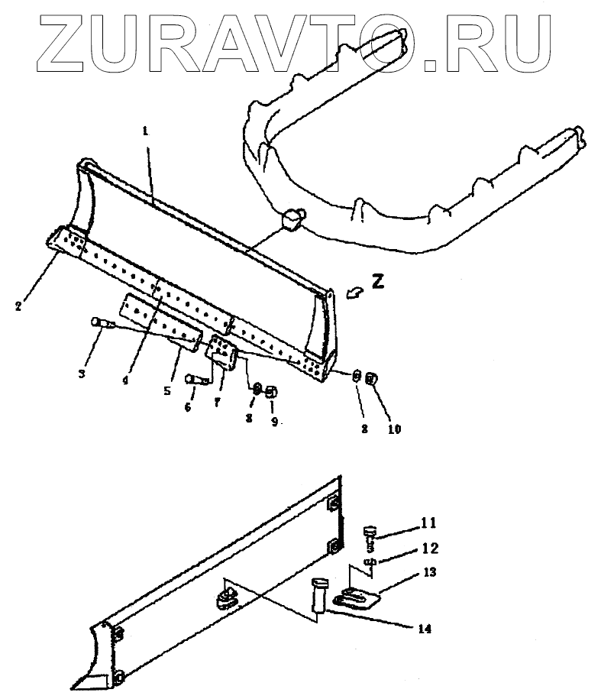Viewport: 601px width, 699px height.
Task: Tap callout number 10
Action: click(x=393, y=429)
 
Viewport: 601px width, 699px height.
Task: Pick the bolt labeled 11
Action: click(x=371, y=532)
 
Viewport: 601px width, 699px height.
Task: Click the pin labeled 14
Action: click(x=319, y=595)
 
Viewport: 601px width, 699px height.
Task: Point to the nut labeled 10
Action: click(x=373, y=377)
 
